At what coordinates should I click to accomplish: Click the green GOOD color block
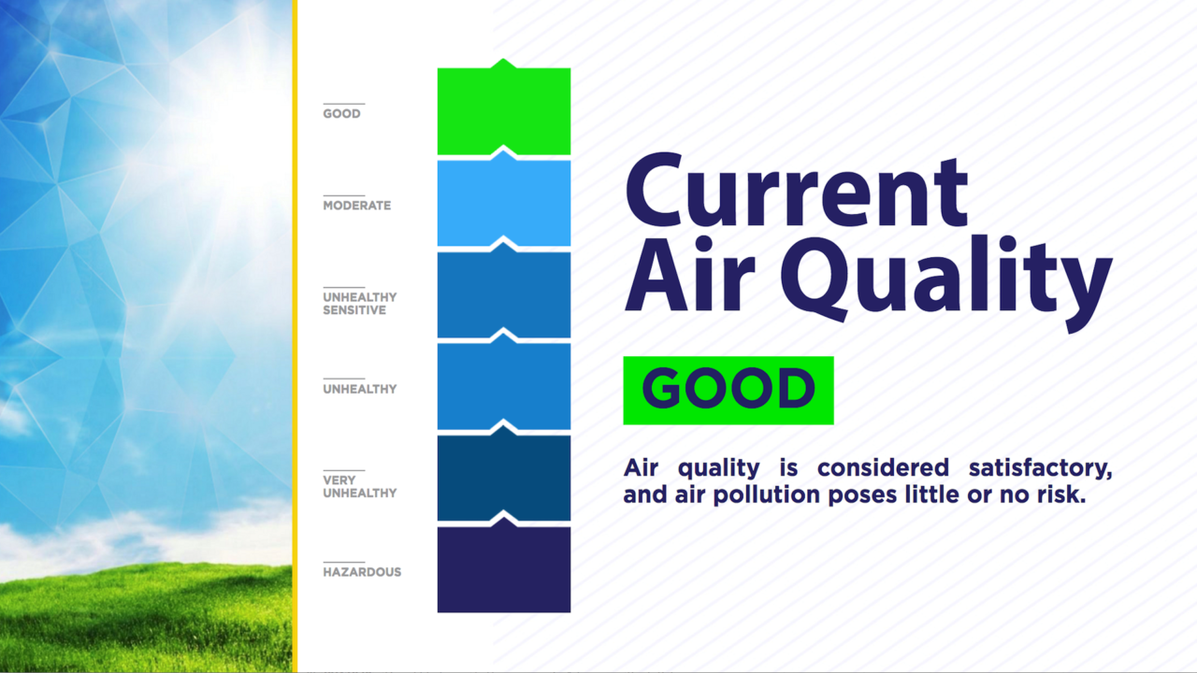[504, 111]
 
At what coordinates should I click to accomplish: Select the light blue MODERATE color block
[504, 204]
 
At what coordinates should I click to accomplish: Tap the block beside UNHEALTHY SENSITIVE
[504, 295]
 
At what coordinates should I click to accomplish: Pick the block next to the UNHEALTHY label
[504, 387]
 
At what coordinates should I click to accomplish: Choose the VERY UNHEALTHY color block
[504, 479]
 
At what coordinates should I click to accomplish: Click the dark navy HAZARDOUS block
[504, 569]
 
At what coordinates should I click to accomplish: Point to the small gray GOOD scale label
[341, 114]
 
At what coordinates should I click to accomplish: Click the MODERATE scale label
[357, 206]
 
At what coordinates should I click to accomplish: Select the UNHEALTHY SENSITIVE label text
[360, 304]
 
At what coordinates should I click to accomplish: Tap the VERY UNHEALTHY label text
[360, 487]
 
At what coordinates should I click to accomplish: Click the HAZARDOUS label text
[362, 572]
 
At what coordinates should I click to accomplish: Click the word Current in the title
[796, 191]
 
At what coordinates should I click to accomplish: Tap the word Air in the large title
[690, 274]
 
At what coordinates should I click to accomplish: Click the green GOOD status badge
[728, 391]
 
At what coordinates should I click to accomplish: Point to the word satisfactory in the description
[1041, 468]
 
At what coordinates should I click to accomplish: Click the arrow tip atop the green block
[503, 59]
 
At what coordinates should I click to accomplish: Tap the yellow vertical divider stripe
[295, 336]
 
